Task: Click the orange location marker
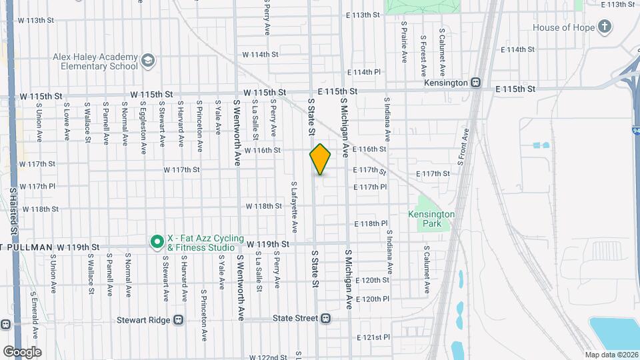click(320, 160)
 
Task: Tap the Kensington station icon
click(476, 83)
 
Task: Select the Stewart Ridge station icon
click(178, 319)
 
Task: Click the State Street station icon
click(325, 319)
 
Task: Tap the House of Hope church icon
click(604, 27)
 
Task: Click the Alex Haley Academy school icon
click(147, 62)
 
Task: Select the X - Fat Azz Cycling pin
click(157, 241)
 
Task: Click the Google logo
click(21, 351)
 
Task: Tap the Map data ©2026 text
click(611, 355)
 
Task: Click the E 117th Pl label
click(371, 187)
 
